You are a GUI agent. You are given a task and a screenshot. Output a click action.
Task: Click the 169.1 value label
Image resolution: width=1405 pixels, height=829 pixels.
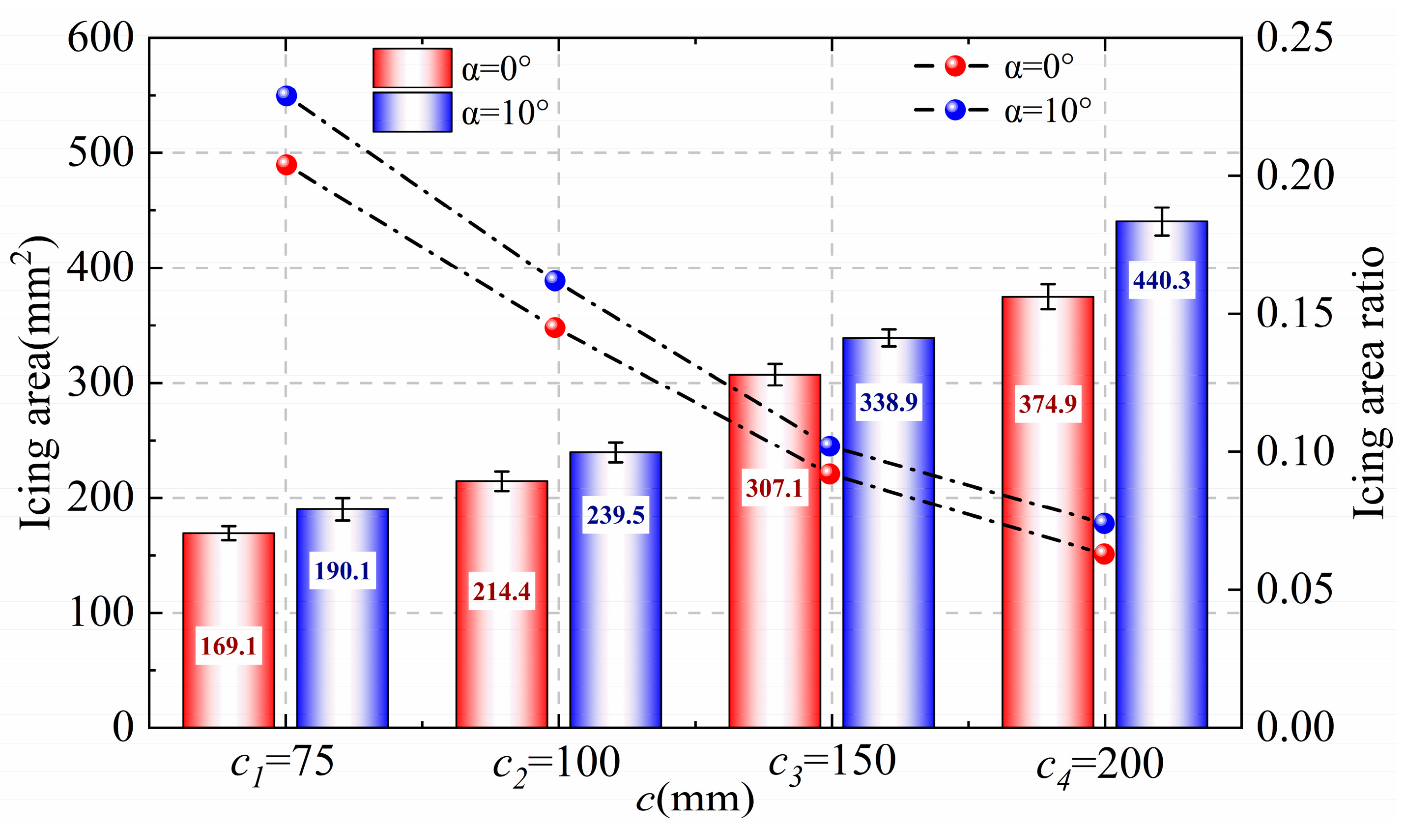(229, 646)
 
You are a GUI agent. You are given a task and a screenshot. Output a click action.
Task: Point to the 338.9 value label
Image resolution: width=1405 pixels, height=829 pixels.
(889, 402)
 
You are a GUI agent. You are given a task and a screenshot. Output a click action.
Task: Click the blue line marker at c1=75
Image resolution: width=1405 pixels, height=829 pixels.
(287, 95)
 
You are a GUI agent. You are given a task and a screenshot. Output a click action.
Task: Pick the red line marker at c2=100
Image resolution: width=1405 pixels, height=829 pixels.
(555, 327)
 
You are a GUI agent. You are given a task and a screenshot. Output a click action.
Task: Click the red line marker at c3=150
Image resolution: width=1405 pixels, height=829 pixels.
(830, 474)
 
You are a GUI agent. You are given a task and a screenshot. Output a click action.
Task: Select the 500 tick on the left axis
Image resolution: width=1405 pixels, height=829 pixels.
(100, 152)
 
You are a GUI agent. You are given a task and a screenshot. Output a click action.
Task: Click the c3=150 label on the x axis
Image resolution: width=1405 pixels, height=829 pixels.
(832, 764)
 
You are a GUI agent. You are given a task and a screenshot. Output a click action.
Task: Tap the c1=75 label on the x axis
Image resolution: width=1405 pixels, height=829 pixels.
(283, 764)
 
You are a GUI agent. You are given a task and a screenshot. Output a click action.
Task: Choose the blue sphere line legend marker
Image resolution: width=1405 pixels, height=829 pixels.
(955, 110)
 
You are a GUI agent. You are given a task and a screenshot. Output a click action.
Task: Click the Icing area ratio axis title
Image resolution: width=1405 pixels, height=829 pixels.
(1369, 383)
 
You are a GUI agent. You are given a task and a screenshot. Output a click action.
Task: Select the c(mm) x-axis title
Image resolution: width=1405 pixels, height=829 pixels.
(695, 800)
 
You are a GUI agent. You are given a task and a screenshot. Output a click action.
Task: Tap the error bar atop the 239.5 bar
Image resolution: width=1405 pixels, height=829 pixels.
(616, 452)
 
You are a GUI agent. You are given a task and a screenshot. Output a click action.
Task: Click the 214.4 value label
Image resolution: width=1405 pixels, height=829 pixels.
(501, 591)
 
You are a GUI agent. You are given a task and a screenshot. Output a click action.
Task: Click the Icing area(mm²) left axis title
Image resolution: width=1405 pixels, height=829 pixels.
(36, 383)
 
